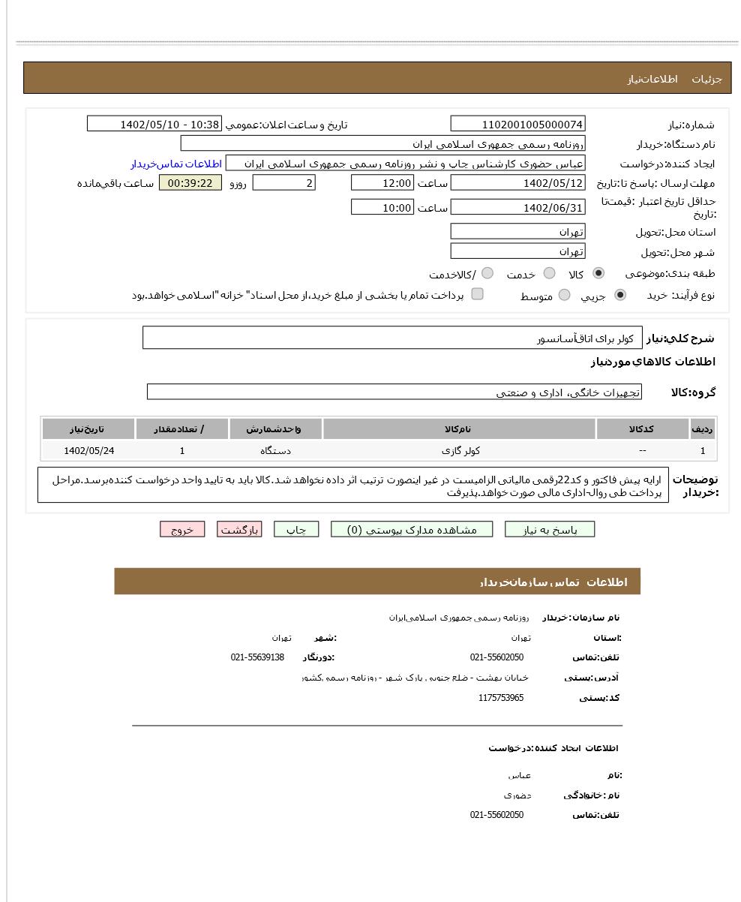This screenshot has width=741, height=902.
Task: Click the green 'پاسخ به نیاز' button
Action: [x=549, y=530]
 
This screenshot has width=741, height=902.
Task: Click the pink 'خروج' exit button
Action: [x=182, y=530]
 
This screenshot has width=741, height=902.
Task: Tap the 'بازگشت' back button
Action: [x=239, y=530]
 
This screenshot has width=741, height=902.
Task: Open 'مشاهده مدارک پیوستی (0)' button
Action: [x=412, y=530]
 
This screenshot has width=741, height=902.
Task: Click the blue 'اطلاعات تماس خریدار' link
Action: [x=176, y=164]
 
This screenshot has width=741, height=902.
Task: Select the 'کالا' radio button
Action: [x=598, y=273]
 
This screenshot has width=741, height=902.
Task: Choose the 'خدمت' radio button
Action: [x=549, y=273]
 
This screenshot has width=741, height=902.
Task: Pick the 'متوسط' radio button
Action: [x=564, y=296]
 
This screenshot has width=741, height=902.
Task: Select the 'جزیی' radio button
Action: [x=619, y=296]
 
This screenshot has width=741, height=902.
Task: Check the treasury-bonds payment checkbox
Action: [x=477, y=294]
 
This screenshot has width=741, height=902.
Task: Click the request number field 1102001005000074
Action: [x=517, y=125]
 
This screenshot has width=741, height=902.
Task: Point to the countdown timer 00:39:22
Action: [x=190, y=183]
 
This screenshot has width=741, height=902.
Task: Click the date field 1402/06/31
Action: [x=517, y=208]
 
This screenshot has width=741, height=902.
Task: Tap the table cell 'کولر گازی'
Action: [x=460, y=451]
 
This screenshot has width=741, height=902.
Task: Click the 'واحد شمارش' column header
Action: [x=275, y=429]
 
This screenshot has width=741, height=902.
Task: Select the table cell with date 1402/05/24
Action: [x=88, y=451]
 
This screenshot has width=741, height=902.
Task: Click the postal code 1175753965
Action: [x=501, y=698]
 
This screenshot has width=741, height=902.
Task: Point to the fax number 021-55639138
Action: [x=257, y=657]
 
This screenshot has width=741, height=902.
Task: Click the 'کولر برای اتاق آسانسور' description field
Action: [x=392, y=338]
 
